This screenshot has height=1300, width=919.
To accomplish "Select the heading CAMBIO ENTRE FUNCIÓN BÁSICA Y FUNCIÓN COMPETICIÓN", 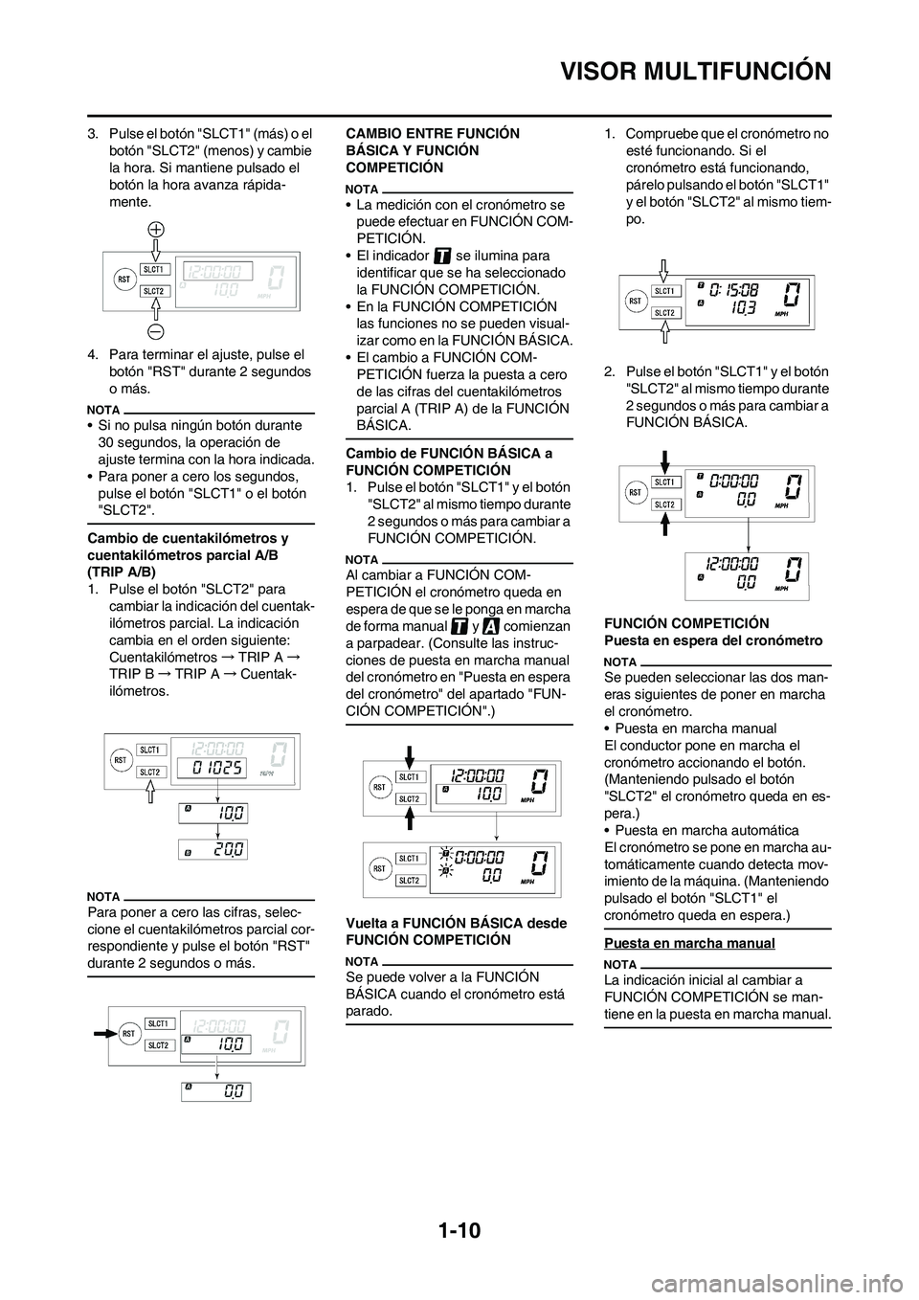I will point(424,150).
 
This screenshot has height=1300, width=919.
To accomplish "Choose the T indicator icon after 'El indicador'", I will point(442,256).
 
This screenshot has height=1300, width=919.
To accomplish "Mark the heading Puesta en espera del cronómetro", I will point(713,639).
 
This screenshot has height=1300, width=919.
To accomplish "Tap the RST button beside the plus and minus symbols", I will point(123,279).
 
